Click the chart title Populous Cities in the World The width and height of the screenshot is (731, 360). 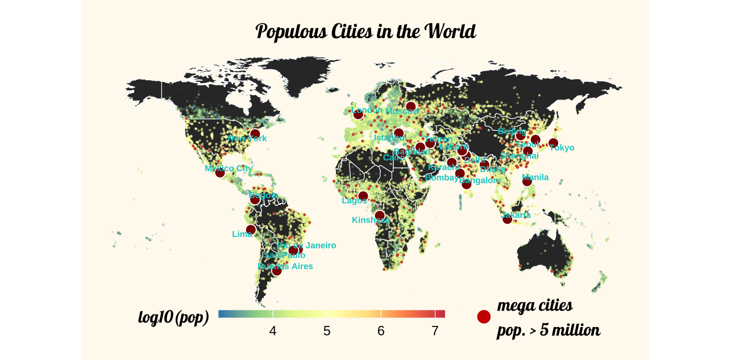tap(365, 32)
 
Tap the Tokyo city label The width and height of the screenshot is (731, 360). tap(562, 148)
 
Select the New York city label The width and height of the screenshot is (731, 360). tap(247, 138)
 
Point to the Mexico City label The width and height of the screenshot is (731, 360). tap(229, 168)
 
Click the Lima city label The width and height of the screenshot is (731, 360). tap(242, 234)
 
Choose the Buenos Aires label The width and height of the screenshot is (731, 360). tap(285, 266)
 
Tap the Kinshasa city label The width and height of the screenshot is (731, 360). tap(371, 220)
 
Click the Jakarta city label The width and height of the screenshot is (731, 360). tap(516, 215)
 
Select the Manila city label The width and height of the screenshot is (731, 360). tap(535, 177)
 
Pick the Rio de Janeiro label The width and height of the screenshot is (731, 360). tap(307, 245)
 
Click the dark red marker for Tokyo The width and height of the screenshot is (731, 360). tap(553, 143)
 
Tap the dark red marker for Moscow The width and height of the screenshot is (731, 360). tap(411, 106)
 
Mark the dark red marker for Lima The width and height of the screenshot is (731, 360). tap(251, 229)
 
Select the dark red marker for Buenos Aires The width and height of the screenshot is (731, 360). tap(277, 271)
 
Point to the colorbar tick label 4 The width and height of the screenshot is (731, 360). tap(273, 331)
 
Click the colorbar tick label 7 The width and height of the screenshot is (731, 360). tap(435, 331)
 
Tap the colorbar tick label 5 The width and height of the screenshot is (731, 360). tap(327, 331)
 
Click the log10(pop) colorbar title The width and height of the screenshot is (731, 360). tap(173, 317)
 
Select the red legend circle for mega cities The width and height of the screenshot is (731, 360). tap(484, 317)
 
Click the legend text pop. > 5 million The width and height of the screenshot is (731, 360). tap(549, 330)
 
